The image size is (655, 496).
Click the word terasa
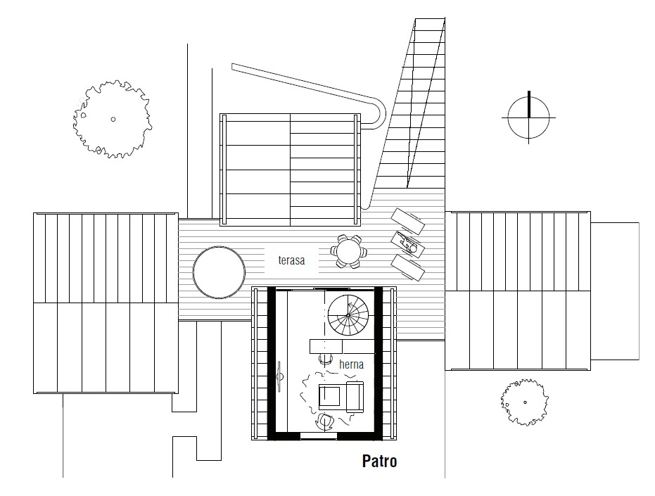pos(291,260)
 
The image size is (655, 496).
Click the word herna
pos(351,364)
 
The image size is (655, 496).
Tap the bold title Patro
pos(379,461)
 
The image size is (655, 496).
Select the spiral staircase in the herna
pos(348,315)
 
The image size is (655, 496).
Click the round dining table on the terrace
pos(348,252)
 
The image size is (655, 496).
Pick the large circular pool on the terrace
pos(219,272)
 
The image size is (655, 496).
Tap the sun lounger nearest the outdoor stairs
pos(408,221)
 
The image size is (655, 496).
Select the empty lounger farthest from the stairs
pos(408,268)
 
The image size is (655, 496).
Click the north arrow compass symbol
pos(528,117)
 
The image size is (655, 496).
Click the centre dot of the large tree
pos(113,119)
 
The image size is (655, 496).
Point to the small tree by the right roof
pos(525,402)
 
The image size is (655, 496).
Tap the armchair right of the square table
pos(355,397)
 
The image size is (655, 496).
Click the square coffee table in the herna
pos(330,397)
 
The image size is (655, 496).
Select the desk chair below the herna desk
pos(326,359)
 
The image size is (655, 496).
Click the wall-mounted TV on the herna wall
pos(279,376)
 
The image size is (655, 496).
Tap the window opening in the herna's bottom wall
pos(319,435)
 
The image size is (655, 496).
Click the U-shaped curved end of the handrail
pos(377,114)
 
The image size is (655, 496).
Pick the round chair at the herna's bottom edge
pos(324,421)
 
